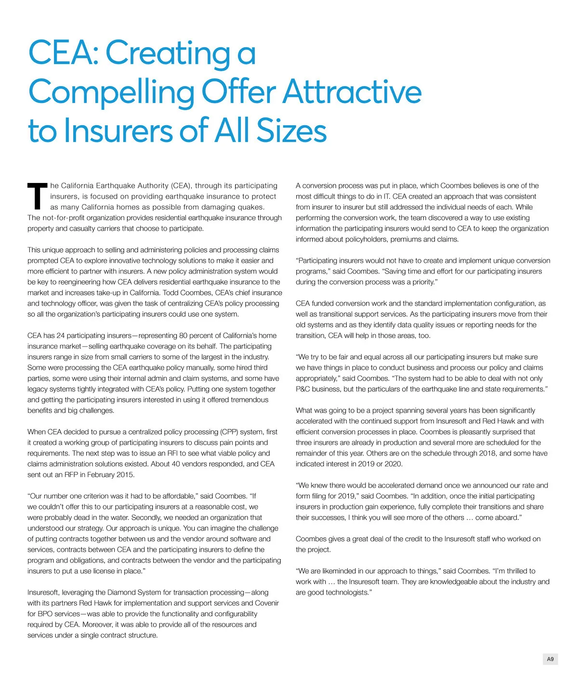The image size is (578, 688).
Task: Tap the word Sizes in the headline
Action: pyautogui.click(x=291, y=130)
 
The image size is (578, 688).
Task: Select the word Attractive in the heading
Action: pyautogui.click(x=352, y=92)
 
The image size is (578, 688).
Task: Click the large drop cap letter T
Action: pyautogui.click(x=37, y=196)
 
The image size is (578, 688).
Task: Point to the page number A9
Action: pyautogui.click(x=550, y=659)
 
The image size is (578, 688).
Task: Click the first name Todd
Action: pyautogui.click(x=172, y=293)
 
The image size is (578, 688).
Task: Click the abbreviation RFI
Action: pyautogui.click(x=172, y=453)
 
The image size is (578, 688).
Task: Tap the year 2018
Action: pyautogui.click(x=487, y=453)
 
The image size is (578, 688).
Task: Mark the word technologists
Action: pyautogui.click(x=346, y=592)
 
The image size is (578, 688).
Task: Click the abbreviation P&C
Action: pyautogui.click(x=303, y=389)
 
